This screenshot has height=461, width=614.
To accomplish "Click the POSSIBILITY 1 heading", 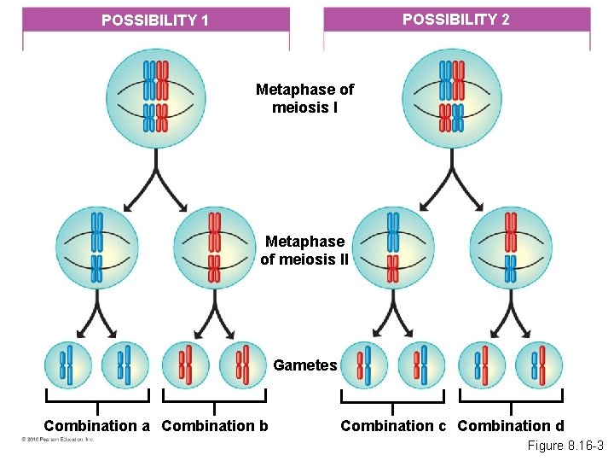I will (154, 20).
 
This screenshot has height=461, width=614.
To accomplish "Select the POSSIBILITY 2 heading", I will (455, 19).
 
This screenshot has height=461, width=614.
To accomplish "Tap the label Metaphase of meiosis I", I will (305, 98).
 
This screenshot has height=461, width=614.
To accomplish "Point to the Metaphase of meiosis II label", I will (304, 251).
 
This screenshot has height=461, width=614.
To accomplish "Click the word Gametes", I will (305, 365).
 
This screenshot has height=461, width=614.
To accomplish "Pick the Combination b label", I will (214, 425).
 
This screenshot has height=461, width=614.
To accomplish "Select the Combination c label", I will (393, 425).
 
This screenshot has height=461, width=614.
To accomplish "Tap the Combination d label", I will (511, 425).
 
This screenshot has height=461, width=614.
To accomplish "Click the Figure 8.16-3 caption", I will (565, 446).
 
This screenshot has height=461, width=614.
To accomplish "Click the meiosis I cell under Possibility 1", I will (155, 96).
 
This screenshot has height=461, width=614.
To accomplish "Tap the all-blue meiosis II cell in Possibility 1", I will (96, 248).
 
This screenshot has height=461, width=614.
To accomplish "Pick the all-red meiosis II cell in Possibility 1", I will (214, 248).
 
